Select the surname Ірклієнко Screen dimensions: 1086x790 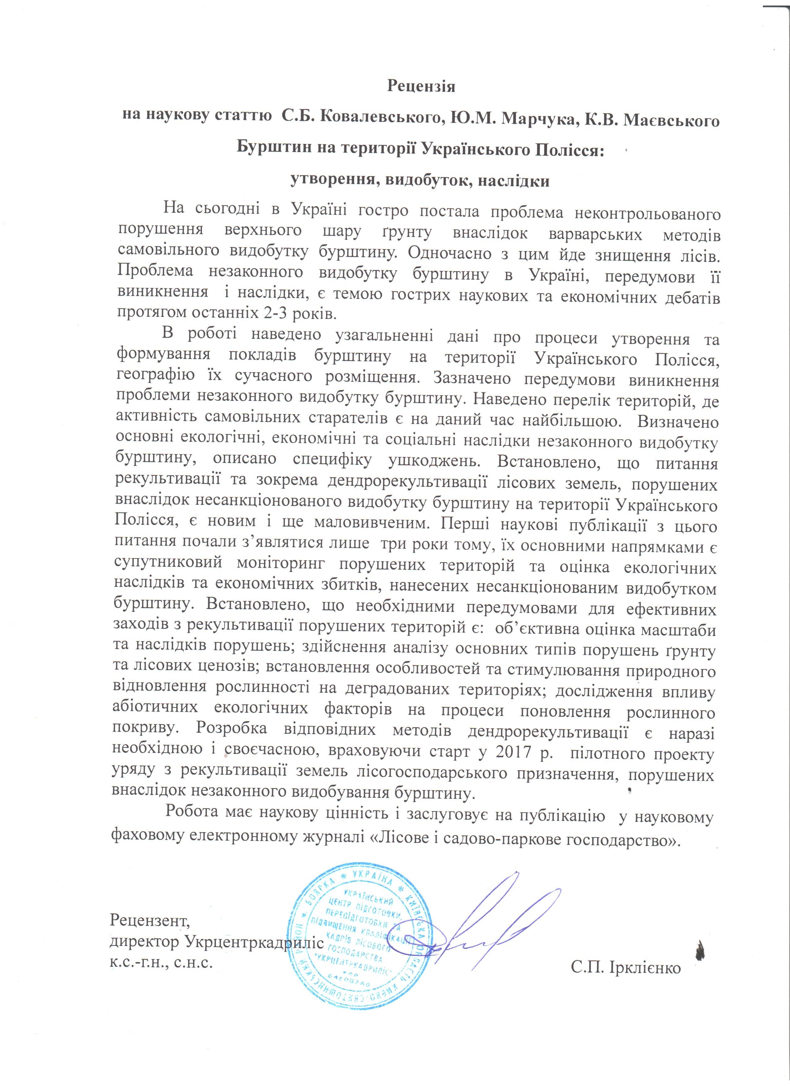coord(644,967)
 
